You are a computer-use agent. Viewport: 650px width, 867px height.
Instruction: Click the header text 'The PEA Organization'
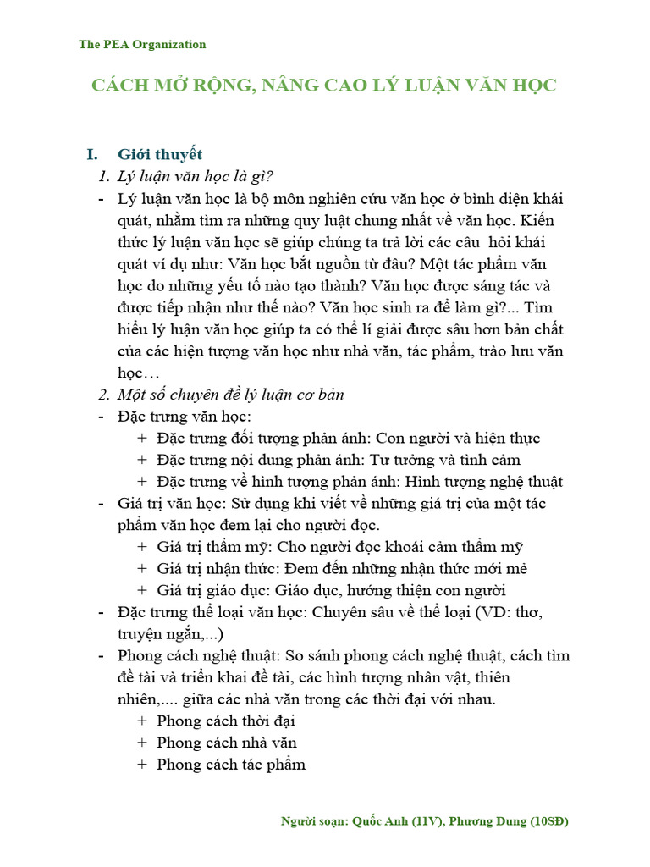[142, 44]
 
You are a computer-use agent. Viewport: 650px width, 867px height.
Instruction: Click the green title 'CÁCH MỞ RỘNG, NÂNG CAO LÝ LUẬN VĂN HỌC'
[324, 86]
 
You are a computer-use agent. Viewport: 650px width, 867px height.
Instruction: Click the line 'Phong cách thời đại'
[225, 721]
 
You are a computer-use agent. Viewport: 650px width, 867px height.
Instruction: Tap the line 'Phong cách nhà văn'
[226, 743]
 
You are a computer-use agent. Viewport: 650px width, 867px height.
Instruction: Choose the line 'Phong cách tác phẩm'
[231, 765]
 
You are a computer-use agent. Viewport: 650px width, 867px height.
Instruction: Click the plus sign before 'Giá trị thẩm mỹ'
[141, 547]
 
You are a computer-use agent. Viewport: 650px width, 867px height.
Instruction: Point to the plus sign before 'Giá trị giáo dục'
[141, 591]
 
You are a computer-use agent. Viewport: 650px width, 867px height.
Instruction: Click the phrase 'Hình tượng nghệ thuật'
[484, 482]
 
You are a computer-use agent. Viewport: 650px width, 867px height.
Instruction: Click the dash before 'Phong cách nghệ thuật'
[102, 656]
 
